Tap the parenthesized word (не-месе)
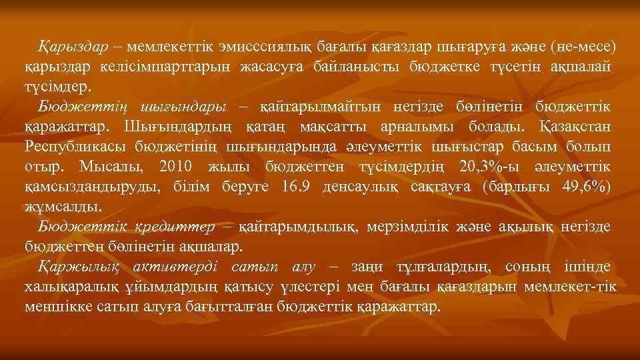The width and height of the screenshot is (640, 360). [582, 48]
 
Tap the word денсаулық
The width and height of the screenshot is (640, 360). [360, 186]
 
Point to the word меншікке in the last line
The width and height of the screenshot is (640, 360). [53, 307]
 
